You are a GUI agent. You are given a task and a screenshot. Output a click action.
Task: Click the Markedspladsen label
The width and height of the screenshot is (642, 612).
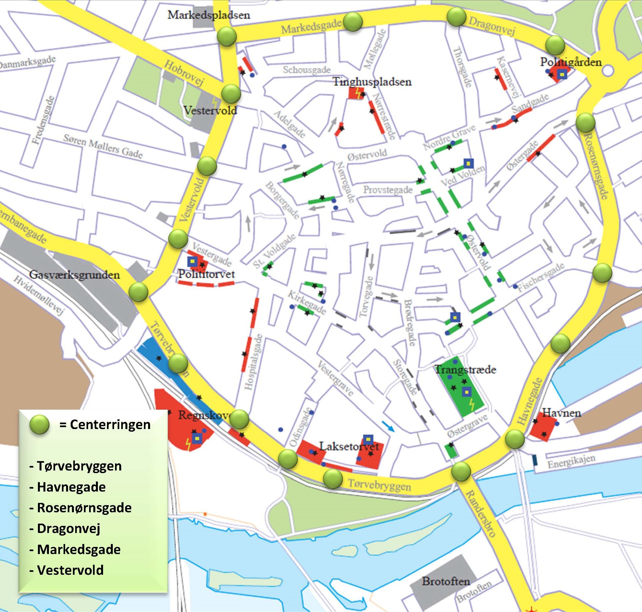click(x=209, y=15)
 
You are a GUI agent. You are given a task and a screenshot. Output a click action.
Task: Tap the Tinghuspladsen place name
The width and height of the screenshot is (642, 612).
click(x=372, y=82)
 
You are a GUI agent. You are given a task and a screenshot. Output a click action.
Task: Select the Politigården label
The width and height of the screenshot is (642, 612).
click(x=570, y=62)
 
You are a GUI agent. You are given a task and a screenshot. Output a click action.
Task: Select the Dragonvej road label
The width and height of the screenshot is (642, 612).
click(x=492, y=26)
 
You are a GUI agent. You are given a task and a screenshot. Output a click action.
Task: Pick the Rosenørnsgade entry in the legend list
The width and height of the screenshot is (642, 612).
click(x=84, y=508)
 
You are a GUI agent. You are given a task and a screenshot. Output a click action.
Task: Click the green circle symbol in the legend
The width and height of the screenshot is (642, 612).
click(x=40, y=425)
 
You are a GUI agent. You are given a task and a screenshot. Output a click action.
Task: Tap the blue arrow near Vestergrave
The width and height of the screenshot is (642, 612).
click(x=388, y=426)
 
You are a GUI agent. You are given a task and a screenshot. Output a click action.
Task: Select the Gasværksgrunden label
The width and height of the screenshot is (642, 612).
click(x=75, y=275)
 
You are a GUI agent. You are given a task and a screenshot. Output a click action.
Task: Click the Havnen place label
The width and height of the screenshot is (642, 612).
click(x=561, y=413)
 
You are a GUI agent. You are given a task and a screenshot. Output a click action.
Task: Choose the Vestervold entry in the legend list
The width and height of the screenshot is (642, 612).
click(x=70, y=570)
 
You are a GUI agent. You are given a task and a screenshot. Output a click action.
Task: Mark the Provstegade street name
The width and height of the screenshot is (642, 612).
click(x=388, y=190)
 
